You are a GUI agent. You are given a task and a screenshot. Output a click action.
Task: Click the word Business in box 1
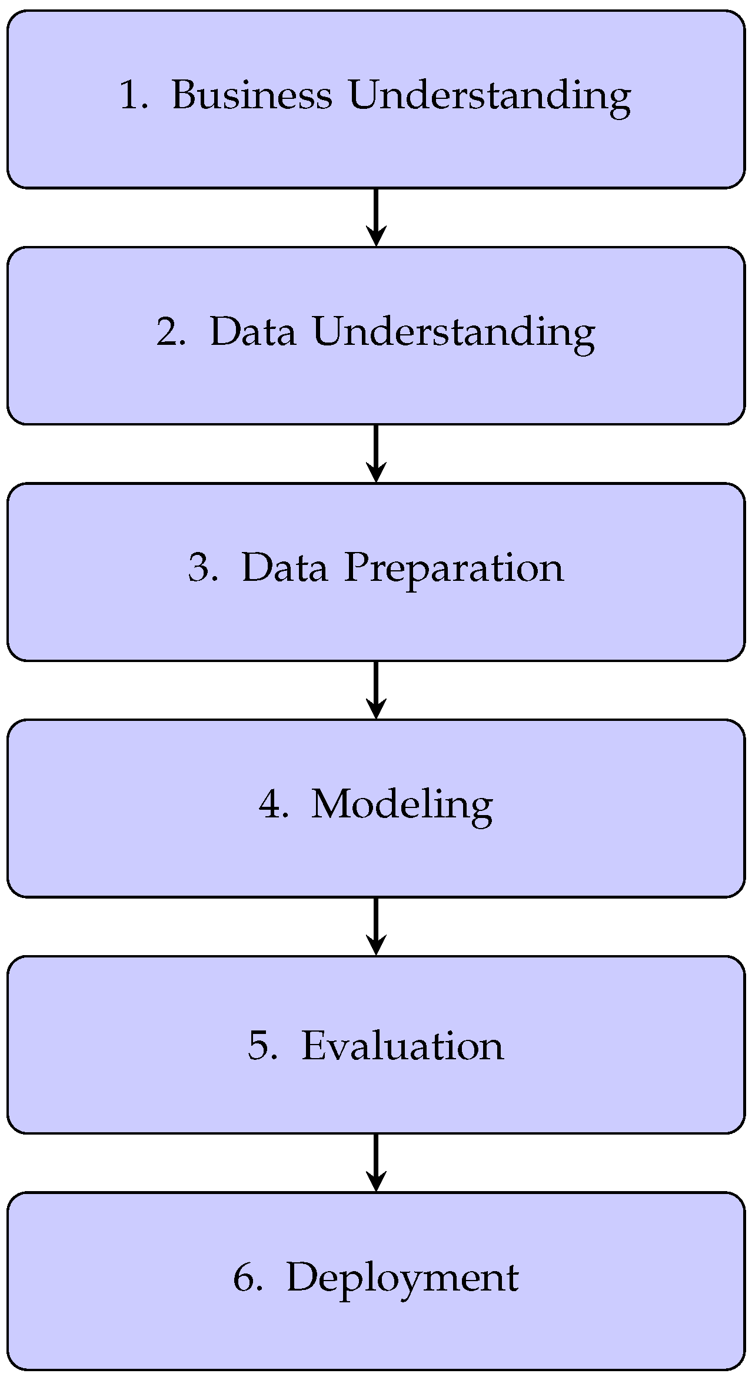251,95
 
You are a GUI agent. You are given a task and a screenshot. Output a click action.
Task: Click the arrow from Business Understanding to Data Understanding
376,217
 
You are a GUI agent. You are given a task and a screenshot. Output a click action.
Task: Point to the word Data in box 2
253,331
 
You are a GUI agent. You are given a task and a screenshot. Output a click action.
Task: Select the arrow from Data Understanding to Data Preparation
376,453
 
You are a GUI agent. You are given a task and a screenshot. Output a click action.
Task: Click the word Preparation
454,569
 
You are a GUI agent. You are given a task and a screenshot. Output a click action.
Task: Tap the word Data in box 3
285,568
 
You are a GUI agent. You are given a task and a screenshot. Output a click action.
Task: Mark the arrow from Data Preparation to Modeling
376,690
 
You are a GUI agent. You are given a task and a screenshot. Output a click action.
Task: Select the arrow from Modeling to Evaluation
376,926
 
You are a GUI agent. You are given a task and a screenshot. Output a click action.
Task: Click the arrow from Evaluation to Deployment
376,1163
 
